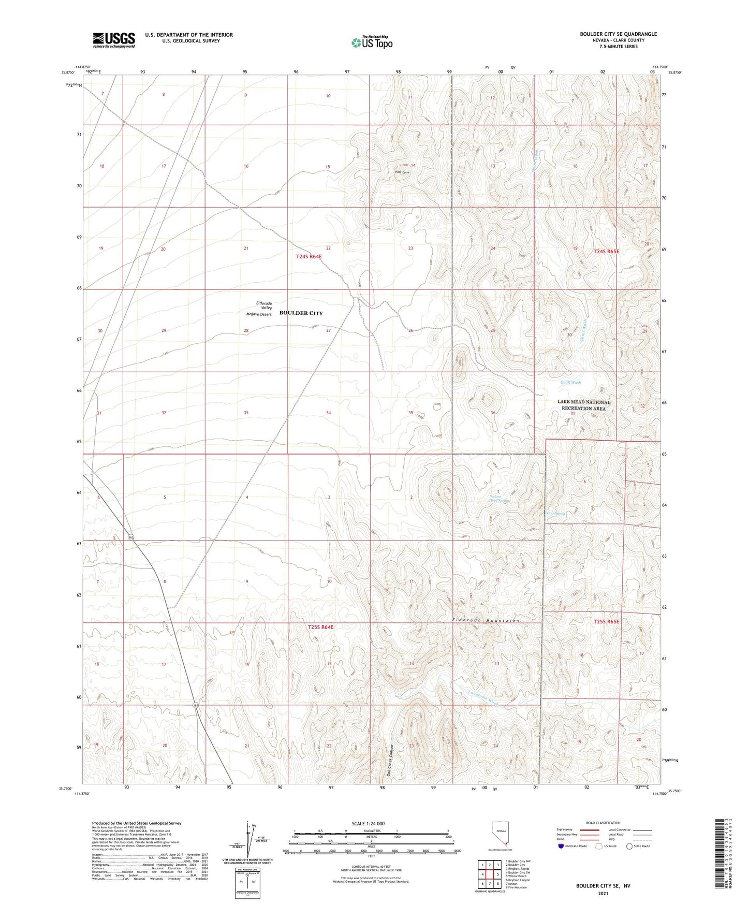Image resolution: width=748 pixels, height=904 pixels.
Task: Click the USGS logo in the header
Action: click(114, 40)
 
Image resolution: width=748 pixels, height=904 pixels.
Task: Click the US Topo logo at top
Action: click(371, 42)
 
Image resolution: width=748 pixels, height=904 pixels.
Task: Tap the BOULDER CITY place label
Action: click(301, 313)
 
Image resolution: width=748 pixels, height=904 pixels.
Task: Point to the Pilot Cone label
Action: click(402, 172)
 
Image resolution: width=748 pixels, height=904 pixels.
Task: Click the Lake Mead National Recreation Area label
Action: click(583, 405)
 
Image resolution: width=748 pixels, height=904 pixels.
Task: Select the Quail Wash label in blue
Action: click(570, 383)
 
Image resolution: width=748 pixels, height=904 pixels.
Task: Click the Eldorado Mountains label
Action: click(485, 620)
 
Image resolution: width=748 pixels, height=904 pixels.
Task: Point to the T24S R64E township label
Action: click(309, 256)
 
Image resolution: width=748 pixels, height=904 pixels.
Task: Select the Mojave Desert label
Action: click(259, 314)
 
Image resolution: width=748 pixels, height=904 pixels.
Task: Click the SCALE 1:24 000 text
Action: click(368, 824)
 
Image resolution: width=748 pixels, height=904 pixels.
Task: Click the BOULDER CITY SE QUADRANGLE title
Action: click(618, 34)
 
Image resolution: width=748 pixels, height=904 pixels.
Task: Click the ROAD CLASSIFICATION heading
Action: click(603, 823)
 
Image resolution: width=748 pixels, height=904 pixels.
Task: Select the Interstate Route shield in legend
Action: click(561, 846)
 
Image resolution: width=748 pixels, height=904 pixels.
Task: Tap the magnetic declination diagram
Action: click(251, 843)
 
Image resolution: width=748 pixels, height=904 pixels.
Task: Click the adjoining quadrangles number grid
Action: click(489, 876)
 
